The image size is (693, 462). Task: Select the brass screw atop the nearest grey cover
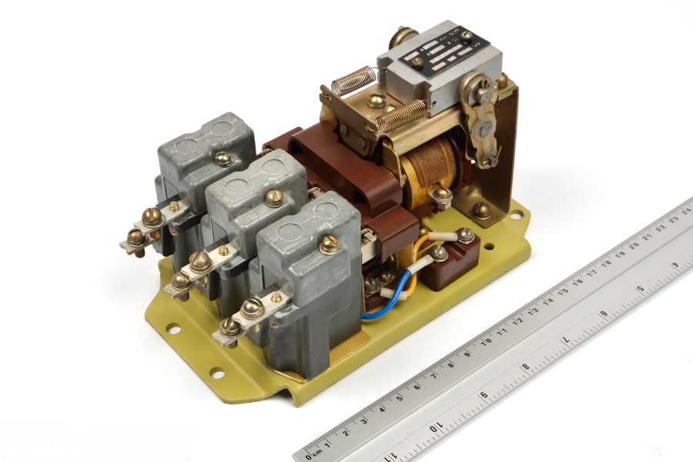(x=329, y=244)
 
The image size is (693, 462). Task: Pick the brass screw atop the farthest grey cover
(x=223, y=159)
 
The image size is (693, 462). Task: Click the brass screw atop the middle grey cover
(x=274, y=198)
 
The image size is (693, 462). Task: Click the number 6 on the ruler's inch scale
(x=484, y=395)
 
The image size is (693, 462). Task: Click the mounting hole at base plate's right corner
(x=515, y=215)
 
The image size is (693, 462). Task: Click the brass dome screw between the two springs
(x=376, y=101)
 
